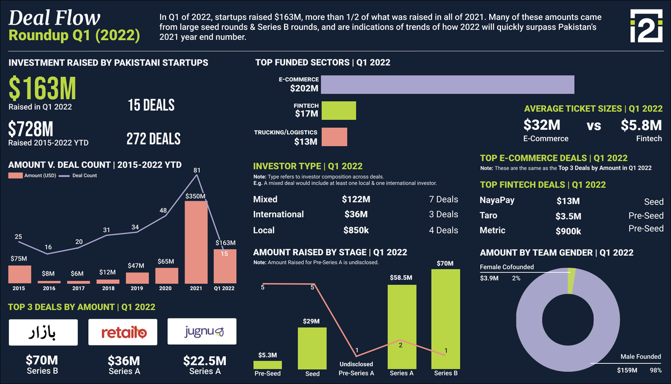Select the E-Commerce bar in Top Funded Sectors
pos(447,85)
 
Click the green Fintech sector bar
pos(338,110)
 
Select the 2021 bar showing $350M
pos(196,242)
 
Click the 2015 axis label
pos(20,289)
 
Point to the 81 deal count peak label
pos(196,170)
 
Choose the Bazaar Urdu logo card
pos(42,332)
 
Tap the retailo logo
pos(124,332)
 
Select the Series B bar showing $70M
pos(445,319)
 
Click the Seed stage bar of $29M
pos(312,348)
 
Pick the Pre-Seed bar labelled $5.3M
pos(267,364)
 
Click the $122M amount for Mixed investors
pos(356,199)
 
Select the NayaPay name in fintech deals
pos(497,202)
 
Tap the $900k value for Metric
pos(569,231)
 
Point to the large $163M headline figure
pos(42,88)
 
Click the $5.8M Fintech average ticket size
pos(641,125)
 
